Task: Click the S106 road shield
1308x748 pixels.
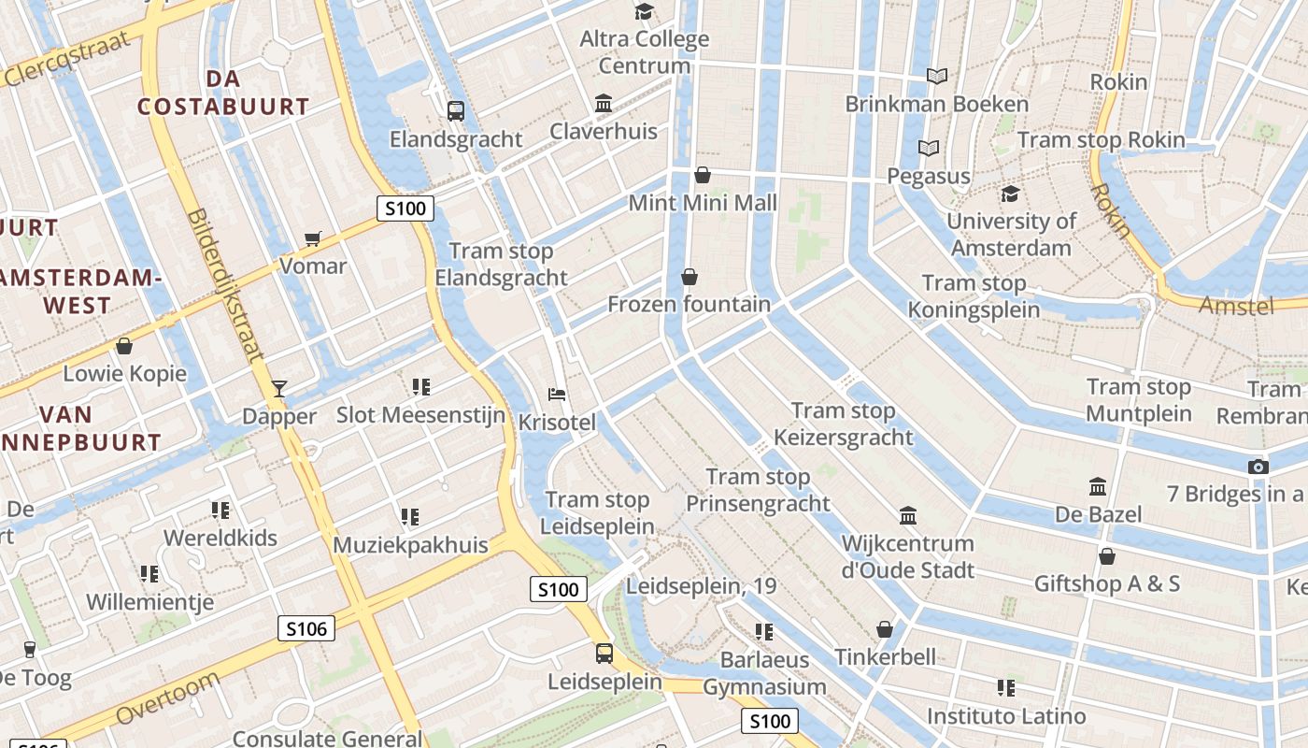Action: click(306, 628)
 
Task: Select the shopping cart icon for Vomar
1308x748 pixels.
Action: click(313, 238)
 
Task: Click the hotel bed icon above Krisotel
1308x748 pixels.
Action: click(557, 395)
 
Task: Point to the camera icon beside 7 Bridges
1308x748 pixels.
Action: click(1258, 467)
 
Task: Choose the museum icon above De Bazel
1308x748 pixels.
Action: click(1098, 486)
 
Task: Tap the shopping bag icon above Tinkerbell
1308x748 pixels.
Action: click(885, 629)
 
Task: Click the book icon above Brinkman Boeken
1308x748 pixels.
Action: click(937, 76)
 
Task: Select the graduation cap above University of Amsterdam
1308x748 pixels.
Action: click(1010, 194)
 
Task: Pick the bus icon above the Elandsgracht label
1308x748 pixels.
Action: click(456, 111)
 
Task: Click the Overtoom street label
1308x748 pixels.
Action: click(169, 697)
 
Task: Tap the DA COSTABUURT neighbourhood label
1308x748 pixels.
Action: click(223, 93)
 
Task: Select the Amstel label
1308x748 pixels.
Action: click(1236, 306)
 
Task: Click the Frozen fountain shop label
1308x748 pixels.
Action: click(690, 304)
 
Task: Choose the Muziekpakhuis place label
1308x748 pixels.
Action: click(411, 545)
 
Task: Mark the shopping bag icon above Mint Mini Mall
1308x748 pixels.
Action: click(703, 175)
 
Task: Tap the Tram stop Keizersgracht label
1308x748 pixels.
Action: click(844, 424)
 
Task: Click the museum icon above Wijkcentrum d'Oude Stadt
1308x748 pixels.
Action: click(908, 515)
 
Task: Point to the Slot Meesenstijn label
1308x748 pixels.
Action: click(420, 415)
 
